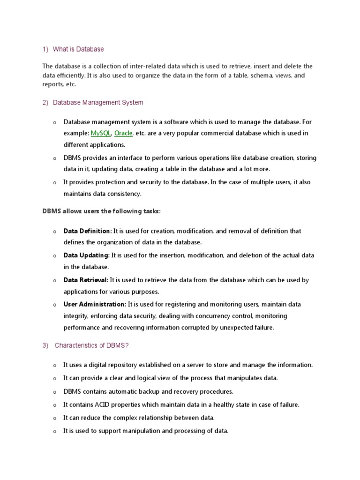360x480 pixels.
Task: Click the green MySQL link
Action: point(101,133)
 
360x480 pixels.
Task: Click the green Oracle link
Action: point(123,133)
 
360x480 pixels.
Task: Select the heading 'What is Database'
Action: point(78,49)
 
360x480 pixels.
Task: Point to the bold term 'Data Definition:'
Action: point(88,231)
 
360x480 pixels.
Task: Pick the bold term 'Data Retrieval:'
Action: point(86,280)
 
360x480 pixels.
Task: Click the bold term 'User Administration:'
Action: point(95,304)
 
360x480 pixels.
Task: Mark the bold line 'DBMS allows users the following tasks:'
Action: point(102,211)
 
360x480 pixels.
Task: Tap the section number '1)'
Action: point(45,49)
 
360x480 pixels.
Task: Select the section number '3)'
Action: point(45,346)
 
